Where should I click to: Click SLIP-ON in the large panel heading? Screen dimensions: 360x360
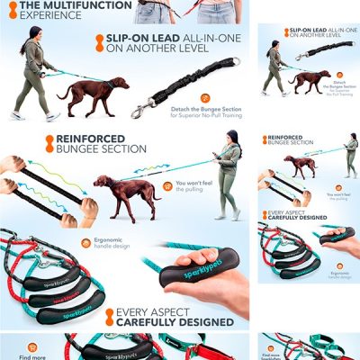point(127,40)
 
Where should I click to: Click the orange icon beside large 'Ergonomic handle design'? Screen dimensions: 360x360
point(86,242)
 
